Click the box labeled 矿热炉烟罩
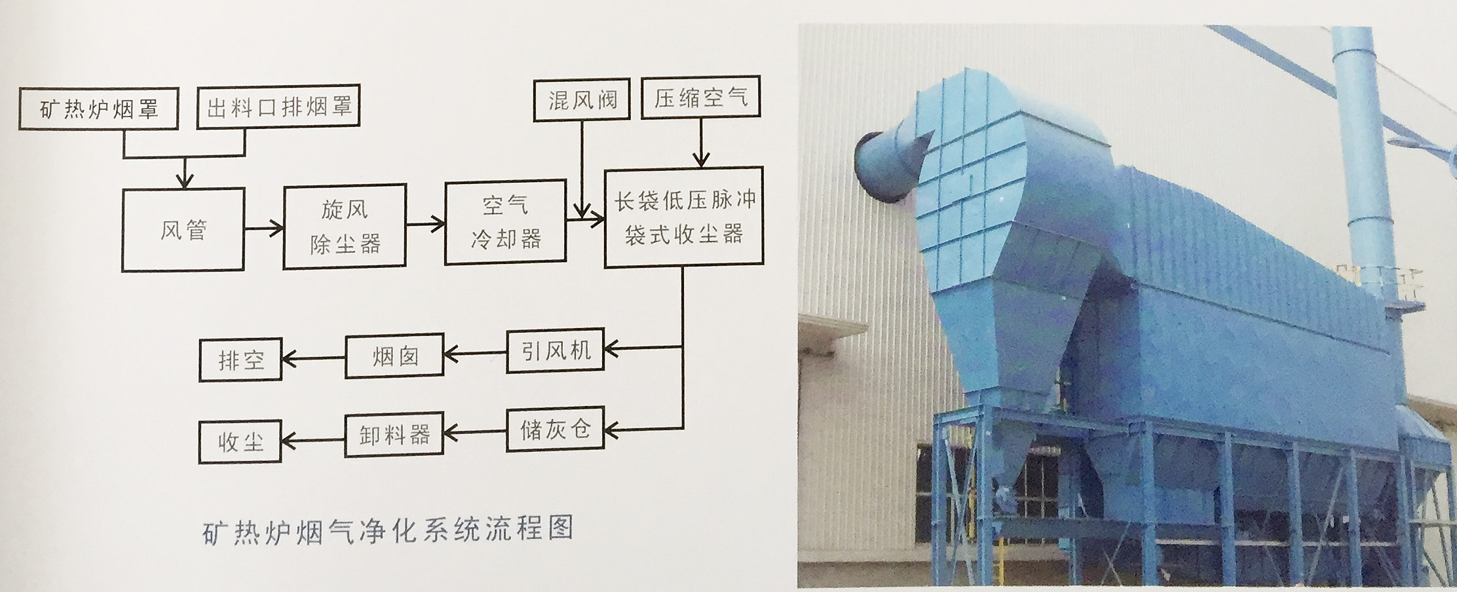tap(98, 109)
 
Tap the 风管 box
tap(183, 230)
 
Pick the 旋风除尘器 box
tap(345, 227)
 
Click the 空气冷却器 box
tap(505, 223)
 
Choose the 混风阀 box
tap(582, 100)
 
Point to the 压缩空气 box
tap(700, 99)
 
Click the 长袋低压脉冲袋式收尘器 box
tap(683, 217)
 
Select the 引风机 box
tap(555, 351)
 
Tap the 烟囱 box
tap(394, 356)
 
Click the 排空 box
tap(240, 360)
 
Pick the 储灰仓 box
tap(555, 430)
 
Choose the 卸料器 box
tap(394, 434)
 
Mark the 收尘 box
tap(240, 442)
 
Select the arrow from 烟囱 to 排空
tap(313, 358)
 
